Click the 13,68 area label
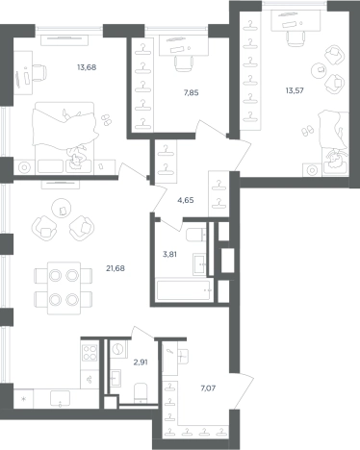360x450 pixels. [x=87, y=67]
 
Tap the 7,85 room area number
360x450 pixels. [x=191, y=93]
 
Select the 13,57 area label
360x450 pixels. [x=295, y=90]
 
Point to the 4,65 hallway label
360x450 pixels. [x=186, y=200]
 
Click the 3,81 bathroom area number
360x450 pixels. [x=169, y=255]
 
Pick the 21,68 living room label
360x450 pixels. [x=116, y=268]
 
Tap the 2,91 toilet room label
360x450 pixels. [x=141, y=362]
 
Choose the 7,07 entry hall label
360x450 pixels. [x=208, y=388]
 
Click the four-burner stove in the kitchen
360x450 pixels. [x=90, y=352]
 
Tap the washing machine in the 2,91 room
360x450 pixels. [x=118, y=349]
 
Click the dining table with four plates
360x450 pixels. [x=64, y=288]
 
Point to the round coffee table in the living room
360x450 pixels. [x=62, y=209]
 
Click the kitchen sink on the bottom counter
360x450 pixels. [x=60, y=398]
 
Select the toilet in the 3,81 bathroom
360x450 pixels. [x=196, y=235]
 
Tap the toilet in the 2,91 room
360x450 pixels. [x=141, y=392]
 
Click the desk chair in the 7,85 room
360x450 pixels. [x=184, y=63]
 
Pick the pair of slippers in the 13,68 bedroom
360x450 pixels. [x=106, y=120]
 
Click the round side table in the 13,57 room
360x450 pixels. [x=320, y=68]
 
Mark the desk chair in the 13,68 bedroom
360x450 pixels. [x=39, y=73]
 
